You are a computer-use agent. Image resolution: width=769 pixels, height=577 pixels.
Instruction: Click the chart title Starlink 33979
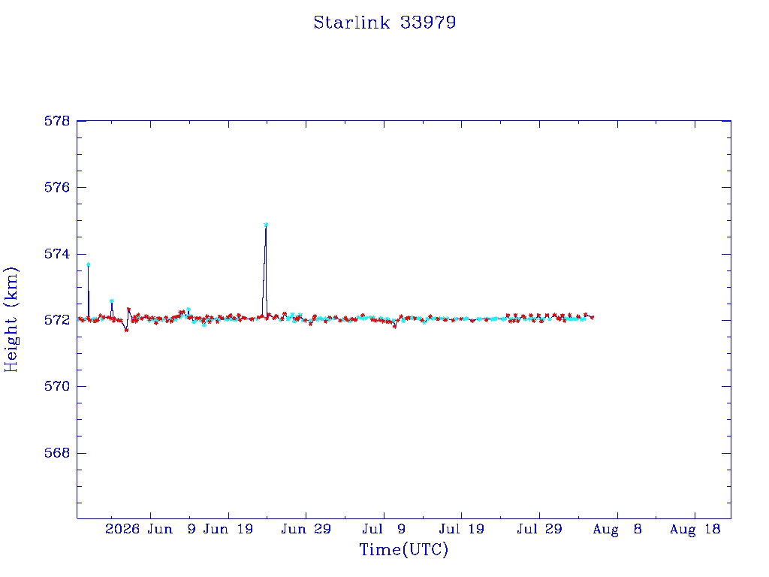(384, 23)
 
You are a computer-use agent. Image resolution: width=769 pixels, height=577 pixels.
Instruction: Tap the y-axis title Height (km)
(11, 319)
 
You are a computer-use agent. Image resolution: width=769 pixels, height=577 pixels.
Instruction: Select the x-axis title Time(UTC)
(403, 549)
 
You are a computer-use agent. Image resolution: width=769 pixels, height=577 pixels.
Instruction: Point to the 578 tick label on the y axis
(57, 121)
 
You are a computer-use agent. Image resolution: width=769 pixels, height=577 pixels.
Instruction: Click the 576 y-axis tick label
(57, 187)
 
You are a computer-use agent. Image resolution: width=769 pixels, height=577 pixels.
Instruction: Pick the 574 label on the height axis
(57, 254)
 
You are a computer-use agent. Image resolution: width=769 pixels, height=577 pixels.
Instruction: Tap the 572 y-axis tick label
(57, 320)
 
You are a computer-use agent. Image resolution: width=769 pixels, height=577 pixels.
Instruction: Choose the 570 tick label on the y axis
(57, 386)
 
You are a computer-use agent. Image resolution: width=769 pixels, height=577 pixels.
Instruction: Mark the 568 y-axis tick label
(57, 453)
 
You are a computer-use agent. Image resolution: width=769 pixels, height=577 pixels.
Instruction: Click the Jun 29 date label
(306, 529)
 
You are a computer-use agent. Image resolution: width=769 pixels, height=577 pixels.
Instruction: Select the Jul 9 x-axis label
(384, 529)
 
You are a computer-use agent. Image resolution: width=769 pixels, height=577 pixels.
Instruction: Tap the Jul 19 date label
(462, 529)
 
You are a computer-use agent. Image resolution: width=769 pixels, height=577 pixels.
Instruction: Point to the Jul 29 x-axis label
(539, 529)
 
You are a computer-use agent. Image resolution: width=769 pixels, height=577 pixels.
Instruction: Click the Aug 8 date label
(617, 529)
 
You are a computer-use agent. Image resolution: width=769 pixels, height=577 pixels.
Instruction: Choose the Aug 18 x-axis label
(695, 529)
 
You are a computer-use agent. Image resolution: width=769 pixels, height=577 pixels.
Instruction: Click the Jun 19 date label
(228, 529)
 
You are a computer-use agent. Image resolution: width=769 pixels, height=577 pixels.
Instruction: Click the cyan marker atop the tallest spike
(266, 225)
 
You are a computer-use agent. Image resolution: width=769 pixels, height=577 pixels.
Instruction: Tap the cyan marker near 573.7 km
(89, 264)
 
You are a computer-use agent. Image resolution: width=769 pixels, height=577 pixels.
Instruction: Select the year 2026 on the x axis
(122, 529)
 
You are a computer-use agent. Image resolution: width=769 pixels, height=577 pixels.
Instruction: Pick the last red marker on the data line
(593, 318)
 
